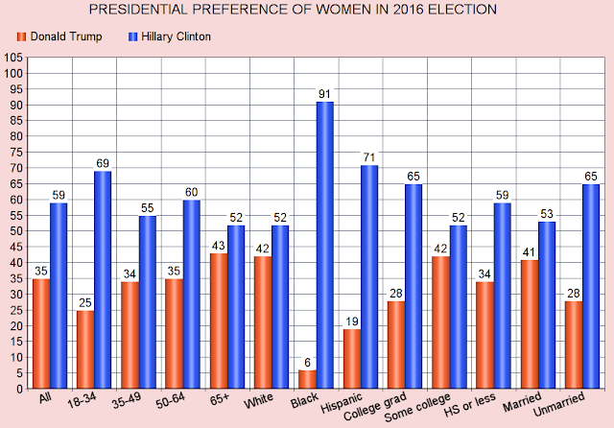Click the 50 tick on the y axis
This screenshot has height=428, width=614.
pos(16,231)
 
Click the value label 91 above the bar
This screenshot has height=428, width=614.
pos(325,94)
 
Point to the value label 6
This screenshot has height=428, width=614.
pos(308,363)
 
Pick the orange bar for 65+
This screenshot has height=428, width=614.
pos(219,321)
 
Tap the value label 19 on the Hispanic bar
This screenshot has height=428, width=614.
pos(352,321)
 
